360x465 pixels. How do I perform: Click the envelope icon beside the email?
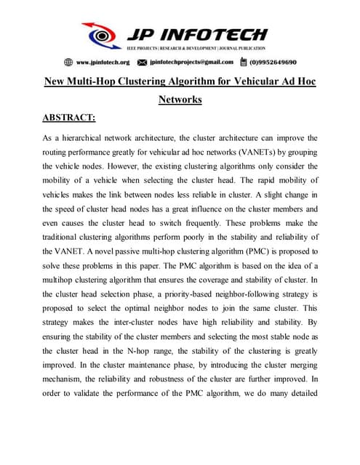pos(143,62)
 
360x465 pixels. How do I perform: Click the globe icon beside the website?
pos(68,62)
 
